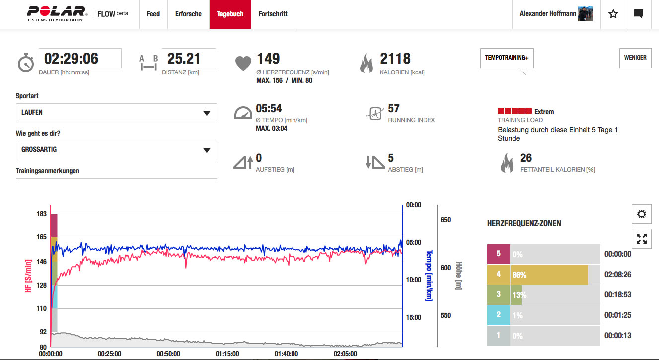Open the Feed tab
[153, 14]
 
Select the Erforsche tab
[188, 14]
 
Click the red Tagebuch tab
[230, 14]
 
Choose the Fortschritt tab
[273, 14]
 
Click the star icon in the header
[613, 14]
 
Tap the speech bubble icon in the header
[639, 14]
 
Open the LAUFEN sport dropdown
[116, 113]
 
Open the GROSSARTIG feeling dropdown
[116, 149]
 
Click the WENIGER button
[635, 58]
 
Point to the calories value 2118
[395, 59]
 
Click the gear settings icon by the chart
[641, 214]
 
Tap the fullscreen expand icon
[641, 239]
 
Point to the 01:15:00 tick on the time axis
[227, 354]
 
